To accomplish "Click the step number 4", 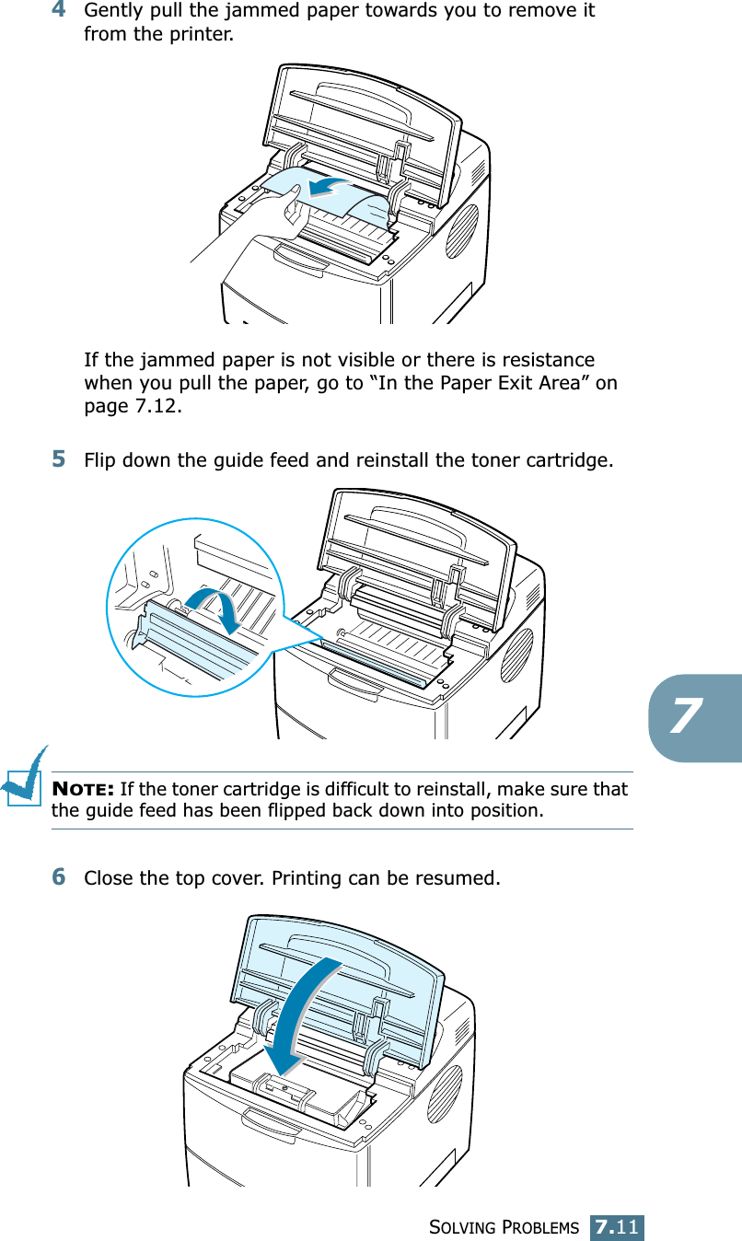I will click(58, 11).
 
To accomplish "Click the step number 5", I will click(58, 458).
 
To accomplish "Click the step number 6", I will click(58, 877).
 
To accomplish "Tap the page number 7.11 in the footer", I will click(617, 1227).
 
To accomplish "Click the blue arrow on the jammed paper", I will click(332, 187).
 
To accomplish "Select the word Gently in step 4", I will click(113, 12).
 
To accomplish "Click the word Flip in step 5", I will click(99, 458).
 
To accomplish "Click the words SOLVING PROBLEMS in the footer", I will click(504, 1228).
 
